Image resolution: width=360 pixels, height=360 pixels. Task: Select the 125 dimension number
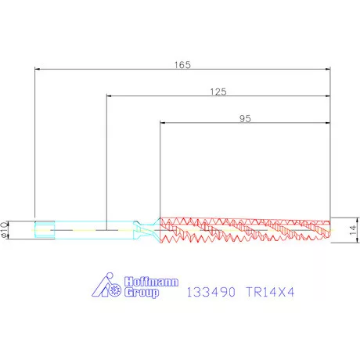click(x=218, y=92)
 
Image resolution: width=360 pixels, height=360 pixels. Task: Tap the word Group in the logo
click(x=142, y=293)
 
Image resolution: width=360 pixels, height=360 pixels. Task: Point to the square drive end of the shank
click(x=45, y=230)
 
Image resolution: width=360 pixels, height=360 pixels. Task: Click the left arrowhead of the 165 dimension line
click(x=38, y=70)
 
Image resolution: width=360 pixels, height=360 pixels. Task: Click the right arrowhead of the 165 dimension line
click(x=326, y=70)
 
